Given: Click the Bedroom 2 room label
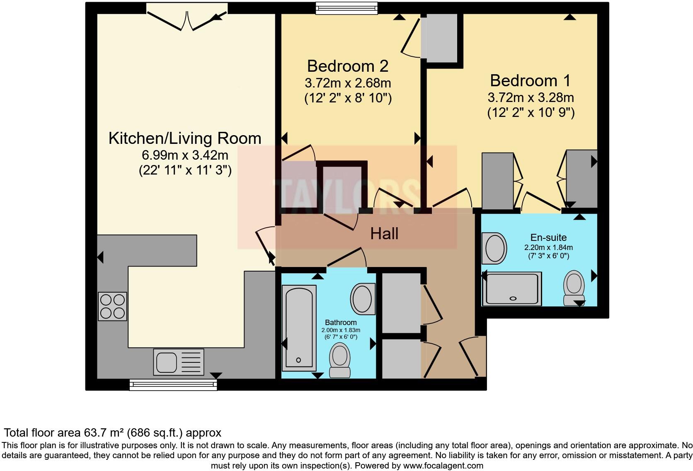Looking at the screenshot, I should click(347, 66).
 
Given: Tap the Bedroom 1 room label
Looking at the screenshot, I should click(530, 81).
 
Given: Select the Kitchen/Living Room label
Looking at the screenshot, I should click(185, 138).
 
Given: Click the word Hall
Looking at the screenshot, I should click(384, 234).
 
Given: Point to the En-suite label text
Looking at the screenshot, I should click(548, 238).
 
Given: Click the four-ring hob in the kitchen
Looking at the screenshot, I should click(112, 306).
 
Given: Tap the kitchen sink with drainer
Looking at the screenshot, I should click(179, 362).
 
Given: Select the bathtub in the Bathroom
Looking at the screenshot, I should click(298, 328).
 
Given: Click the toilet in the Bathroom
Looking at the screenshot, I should click(340, 360).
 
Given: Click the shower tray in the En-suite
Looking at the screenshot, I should click(514, 288).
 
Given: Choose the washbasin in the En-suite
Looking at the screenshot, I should click(494, 248).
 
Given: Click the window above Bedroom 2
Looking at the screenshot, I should click(346, 8).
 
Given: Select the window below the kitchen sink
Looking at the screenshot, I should click(173, 385).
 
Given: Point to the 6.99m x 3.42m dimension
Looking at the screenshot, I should click(185, 155).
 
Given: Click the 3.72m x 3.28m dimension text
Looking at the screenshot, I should click(531, 98).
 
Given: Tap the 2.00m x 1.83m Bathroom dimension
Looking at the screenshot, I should click(341, 330).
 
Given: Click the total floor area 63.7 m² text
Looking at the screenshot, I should click(112, 433).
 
